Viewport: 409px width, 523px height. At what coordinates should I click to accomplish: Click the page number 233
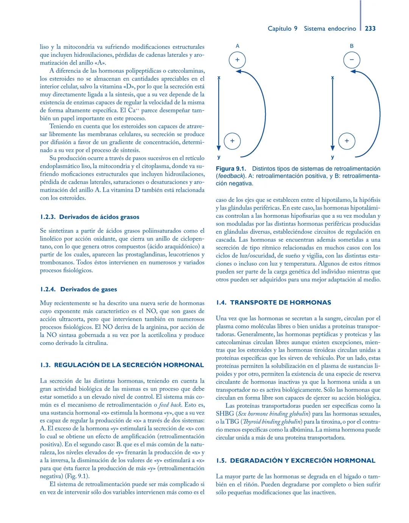(370, 28)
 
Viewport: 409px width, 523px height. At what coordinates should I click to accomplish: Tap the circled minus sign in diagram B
(351, 60)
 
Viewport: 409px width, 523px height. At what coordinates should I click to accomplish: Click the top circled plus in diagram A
(237, 60)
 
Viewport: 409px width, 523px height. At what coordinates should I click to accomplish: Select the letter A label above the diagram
(237, 46)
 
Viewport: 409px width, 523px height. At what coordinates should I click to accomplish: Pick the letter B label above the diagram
(351, 46)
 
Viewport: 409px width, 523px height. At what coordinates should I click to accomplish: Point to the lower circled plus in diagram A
(232, 141)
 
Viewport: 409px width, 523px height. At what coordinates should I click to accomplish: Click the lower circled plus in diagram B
(347, 141)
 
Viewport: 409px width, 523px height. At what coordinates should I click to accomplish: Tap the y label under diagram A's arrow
(219, 157)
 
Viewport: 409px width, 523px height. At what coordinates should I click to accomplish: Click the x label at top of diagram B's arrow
(333, 78)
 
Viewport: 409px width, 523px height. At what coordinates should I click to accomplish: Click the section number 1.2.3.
(48, 217)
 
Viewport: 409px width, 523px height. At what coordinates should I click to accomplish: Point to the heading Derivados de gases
(89, 289)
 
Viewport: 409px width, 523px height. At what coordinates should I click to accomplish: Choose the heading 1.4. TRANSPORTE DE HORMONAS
(273, 303)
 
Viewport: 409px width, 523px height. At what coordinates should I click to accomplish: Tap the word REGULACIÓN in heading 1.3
(78, 365)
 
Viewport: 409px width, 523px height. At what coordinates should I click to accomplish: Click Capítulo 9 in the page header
(282, 28)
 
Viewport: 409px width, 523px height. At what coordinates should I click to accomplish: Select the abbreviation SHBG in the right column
(225, 414)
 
